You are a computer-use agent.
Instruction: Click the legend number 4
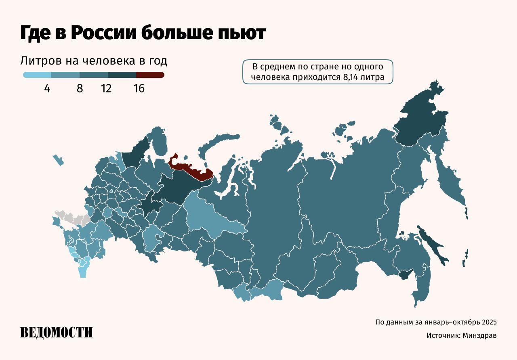click(47, 88)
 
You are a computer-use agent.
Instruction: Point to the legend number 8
click(80, 88)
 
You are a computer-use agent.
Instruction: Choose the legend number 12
click(106, 88)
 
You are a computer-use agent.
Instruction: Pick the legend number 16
click(139, 88)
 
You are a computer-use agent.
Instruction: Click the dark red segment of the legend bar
click(150, 75)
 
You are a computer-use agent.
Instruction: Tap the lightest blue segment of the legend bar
click(37, 75)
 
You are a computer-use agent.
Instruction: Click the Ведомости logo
click(57, 332)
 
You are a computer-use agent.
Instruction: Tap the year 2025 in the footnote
click(488, 322)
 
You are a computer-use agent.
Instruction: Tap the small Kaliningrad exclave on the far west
click(58, 160)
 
